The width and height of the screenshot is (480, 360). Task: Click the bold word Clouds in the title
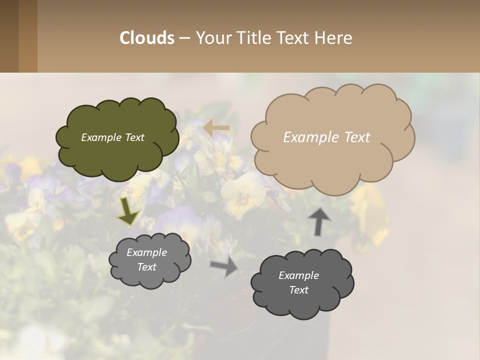147,38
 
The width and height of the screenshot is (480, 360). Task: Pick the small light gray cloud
149,277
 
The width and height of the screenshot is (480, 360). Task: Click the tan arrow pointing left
216,128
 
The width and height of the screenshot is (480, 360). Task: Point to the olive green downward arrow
128,212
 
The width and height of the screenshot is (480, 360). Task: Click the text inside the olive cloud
112,137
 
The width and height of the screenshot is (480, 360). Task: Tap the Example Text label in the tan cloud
326,137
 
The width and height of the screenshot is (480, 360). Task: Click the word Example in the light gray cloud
146,252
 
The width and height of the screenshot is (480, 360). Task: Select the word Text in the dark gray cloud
298,290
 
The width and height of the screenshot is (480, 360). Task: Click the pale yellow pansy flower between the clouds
243,195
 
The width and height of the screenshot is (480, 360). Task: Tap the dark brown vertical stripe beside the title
9,36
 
